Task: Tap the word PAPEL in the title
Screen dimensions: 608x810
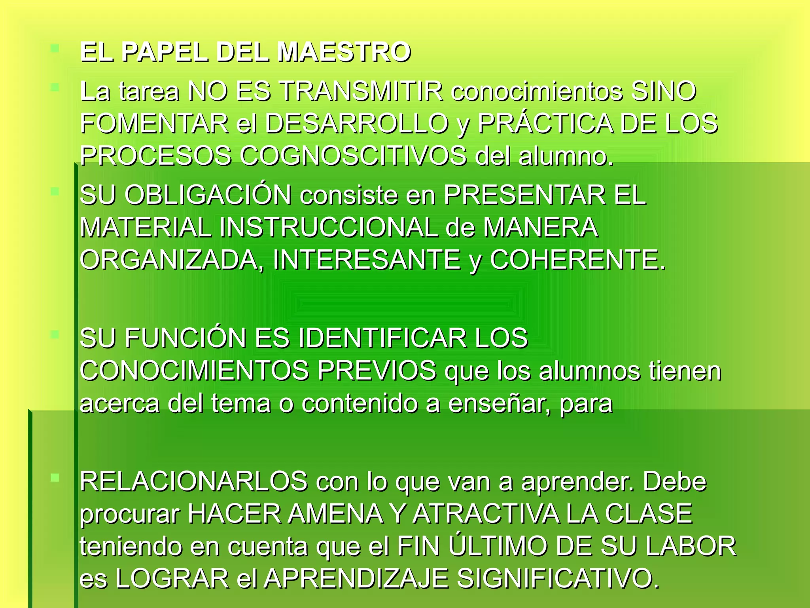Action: point(165,52)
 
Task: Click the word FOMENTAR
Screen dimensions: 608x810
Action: point(154,123)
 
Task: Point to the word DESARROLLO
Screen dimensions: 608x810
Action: point(356,123)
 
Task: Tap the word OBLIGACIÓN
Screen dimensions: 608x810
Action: point(208,195)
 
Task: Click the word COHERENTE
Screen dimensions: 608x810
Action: point(577,260)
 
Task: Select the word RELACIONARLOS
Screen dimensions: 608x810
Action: point(194,481)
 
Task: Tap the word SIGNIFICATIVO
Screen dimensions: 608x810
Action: point(558,578)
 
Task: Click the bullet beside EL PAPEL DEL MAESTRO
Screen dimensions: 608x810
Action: point(55,49)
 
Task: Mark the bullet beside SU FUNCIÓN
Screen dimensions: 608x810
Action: point(55,335)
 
